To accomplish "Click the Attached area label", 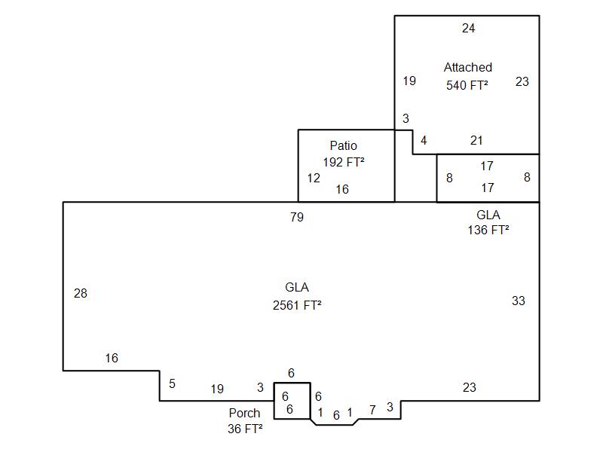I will (x=467, y=68).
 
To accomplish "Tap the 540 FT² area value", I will (x=467, y=85).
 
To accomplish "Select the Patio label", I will (x=343, y=145).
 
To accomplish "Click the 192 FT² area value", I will (x=343, y=161).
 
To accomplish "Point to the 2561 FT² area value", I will (x=297, y=305).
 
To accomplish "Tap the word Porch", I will (x=244, y=413).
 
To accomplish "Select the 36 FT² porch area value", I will (x=245, y=429).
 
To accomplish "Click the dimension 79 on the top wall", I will (x=297, y=218).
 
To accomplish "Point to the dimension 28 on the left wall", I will (x=81, y=294).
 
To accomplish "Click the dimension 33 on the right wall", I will (x=519, y=301).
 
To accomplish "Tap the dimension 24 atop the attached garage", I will (x=469, y=29).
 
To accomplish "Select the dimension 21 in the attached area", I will (x=476, y=140).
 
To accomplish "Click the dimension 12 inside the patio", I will (x=314, y=179).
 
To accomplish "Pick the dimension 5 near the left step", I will (x=172, y=384).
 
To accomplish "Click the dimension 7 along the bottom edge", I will (x=372, y=410).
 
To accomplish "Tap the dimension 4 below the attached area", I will (x=424, y=140).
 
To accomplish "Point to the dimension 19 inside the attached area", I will (x=409, y=81).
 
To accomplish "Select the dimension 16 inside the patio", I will (x=342, y=190).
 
